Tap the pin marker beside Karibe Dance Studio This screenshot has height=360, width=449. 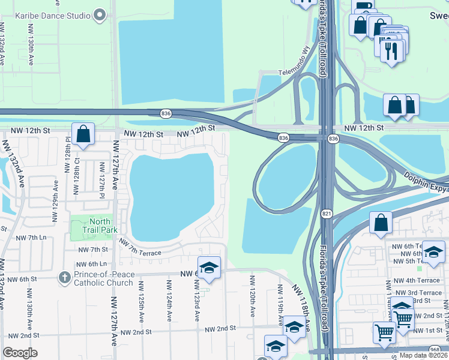pos(100,15)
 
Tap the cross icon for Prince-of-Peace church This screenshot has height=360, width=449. pos(64,277)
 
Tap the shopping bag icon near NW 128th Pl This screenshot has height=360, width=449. pos(83,134)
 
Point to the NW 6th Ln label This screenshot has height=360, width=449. pos(91,264)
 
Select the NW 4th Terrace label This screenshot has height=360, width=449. pos(418,280)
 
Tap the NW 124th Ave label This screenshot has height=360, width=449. pos(169,307)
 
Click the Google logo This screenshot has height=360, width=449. pos(20,353)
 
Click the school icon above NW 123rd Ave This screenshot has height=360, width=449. pos(209,268)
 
